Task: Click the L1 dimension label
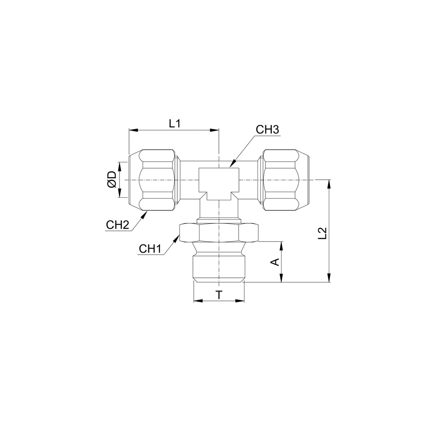point(174,124)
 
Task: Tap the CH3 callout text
point(267,130)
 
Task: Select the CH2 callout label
point(117,225)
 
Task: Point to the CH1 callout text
point(150,249)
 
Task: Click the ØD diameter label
point(112,180)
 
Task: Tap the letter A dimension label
point(275,262)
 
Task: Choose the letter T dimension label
point(219,295)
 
